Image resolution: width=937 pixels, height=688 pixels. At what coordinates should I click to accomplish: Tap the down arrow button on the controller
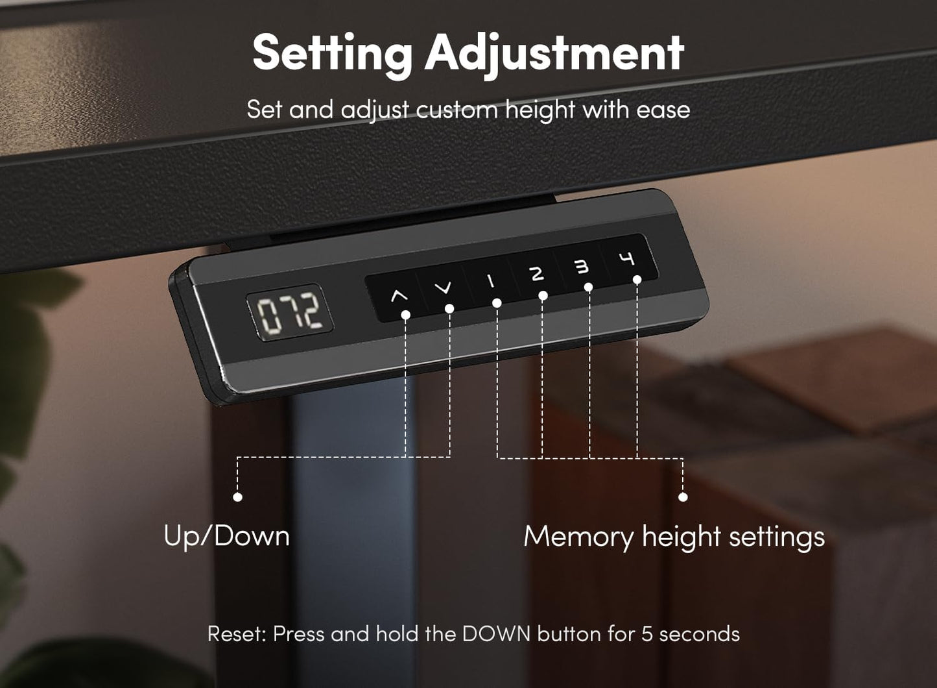pyautogui.click(x=444, y=288)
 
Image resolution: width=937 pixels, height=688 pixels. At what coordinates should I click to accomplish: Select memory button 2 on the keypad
pyautogui.click(x=537, y=274)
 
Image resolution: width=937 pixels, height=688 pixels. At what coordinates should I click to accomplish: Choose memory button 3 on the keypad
pyautogui.click(x=582, y=266)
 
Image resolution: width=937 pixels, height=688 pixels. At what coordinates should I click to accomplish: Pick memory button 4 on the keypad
pyautogui.click(x=626, y=259)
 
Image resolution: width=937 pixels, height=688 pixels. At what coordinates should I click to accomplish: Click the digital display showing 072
pyautogui.click(x=289, y=312)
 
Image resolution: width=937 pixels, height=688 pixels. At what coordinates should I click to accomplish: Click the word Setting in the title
pyautogui.click(x=332, y=53)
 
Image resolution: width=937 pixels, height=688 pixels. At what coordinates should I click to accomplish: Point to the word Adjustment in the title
pyautogui.click(x=554, y=53)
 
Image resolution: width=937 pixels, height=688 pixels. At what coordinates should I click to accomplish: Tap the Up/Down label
pyautogui.click(x=226, y=537)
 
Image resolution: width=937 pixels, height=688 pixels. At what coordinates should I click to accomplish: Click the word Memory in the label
pyautogui.click(x=578, y=537)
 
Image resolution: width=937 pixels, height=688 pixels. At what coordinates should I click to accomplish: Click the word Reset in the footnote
pyautogui.click(x=236, y=634)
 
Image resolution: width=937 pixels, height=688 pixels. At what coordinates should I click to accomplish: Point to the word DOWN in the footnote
pyautogui.click(x=496, y=634)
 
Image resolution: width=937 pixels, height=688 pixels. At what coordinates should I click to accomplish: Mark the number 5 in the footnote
pyautogui.click(x=646, y=634)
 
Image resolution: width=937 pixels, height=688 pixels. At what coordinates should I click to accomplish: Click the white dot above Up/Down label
pyautogui.click(x=238, y=497)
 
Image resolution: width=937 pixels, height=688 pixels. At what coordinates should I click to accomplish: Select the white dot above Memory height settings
pyautogui.click(x=683, y=497)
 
